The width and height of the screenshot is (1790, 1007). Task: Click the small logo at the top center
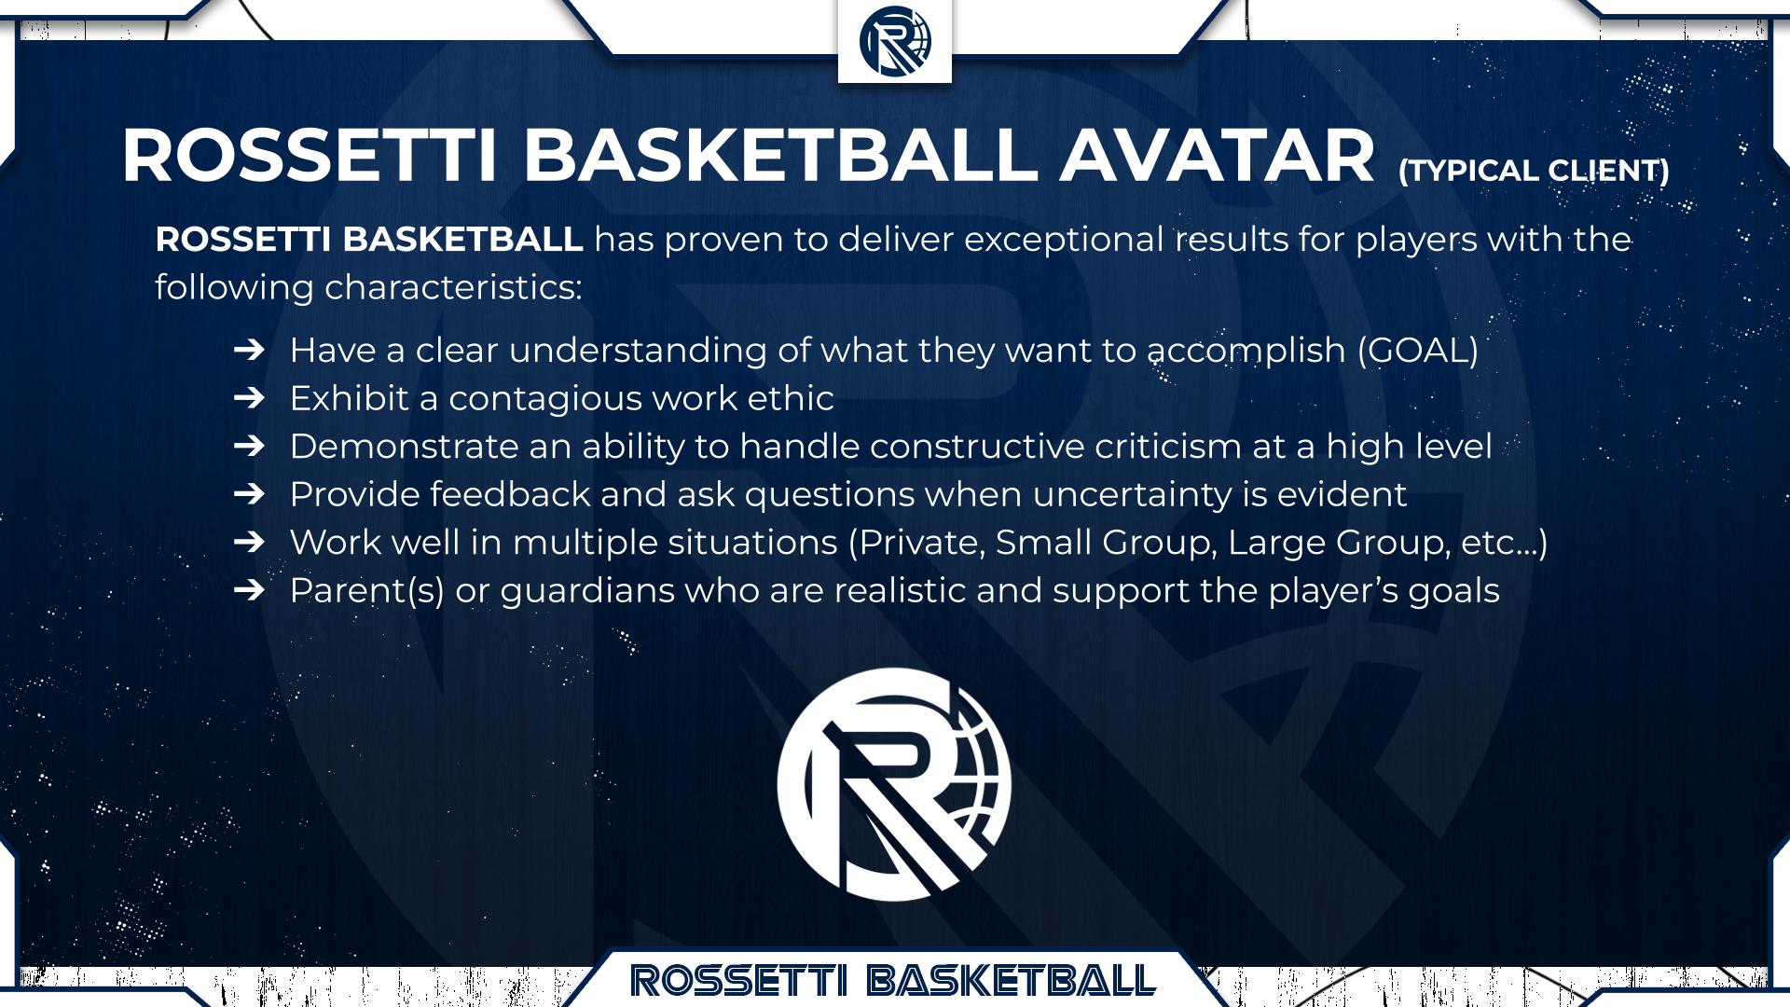(895, 42)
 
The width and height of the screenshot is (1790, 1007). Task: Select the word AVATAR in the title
(1217, 156)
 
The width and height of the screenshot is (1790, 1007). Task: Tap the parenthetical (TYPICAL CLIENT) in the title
(1534, 171)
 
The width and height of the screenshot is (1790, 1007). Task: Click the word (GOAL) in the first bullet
(1418, 350)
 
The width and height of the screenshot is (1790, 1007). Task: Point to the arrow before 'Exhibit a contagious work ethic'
(249, 398)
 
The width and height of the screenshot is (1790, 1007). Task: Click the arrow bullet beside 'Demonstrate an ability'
(249, 446)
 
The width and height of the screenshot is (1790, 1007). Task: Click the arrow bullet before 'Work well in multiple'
(249, 542)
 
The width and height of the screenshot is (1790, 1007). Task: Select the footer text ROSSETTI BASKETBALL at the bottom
(893, 980)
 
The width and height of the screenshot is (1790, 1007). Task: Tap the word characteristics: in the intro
(453, 287)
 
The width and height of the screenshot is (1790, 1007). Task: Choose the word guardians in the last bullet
(587, 591)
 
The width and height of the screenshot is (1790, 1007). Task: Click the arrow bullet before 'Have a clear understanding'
(249, 350)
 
